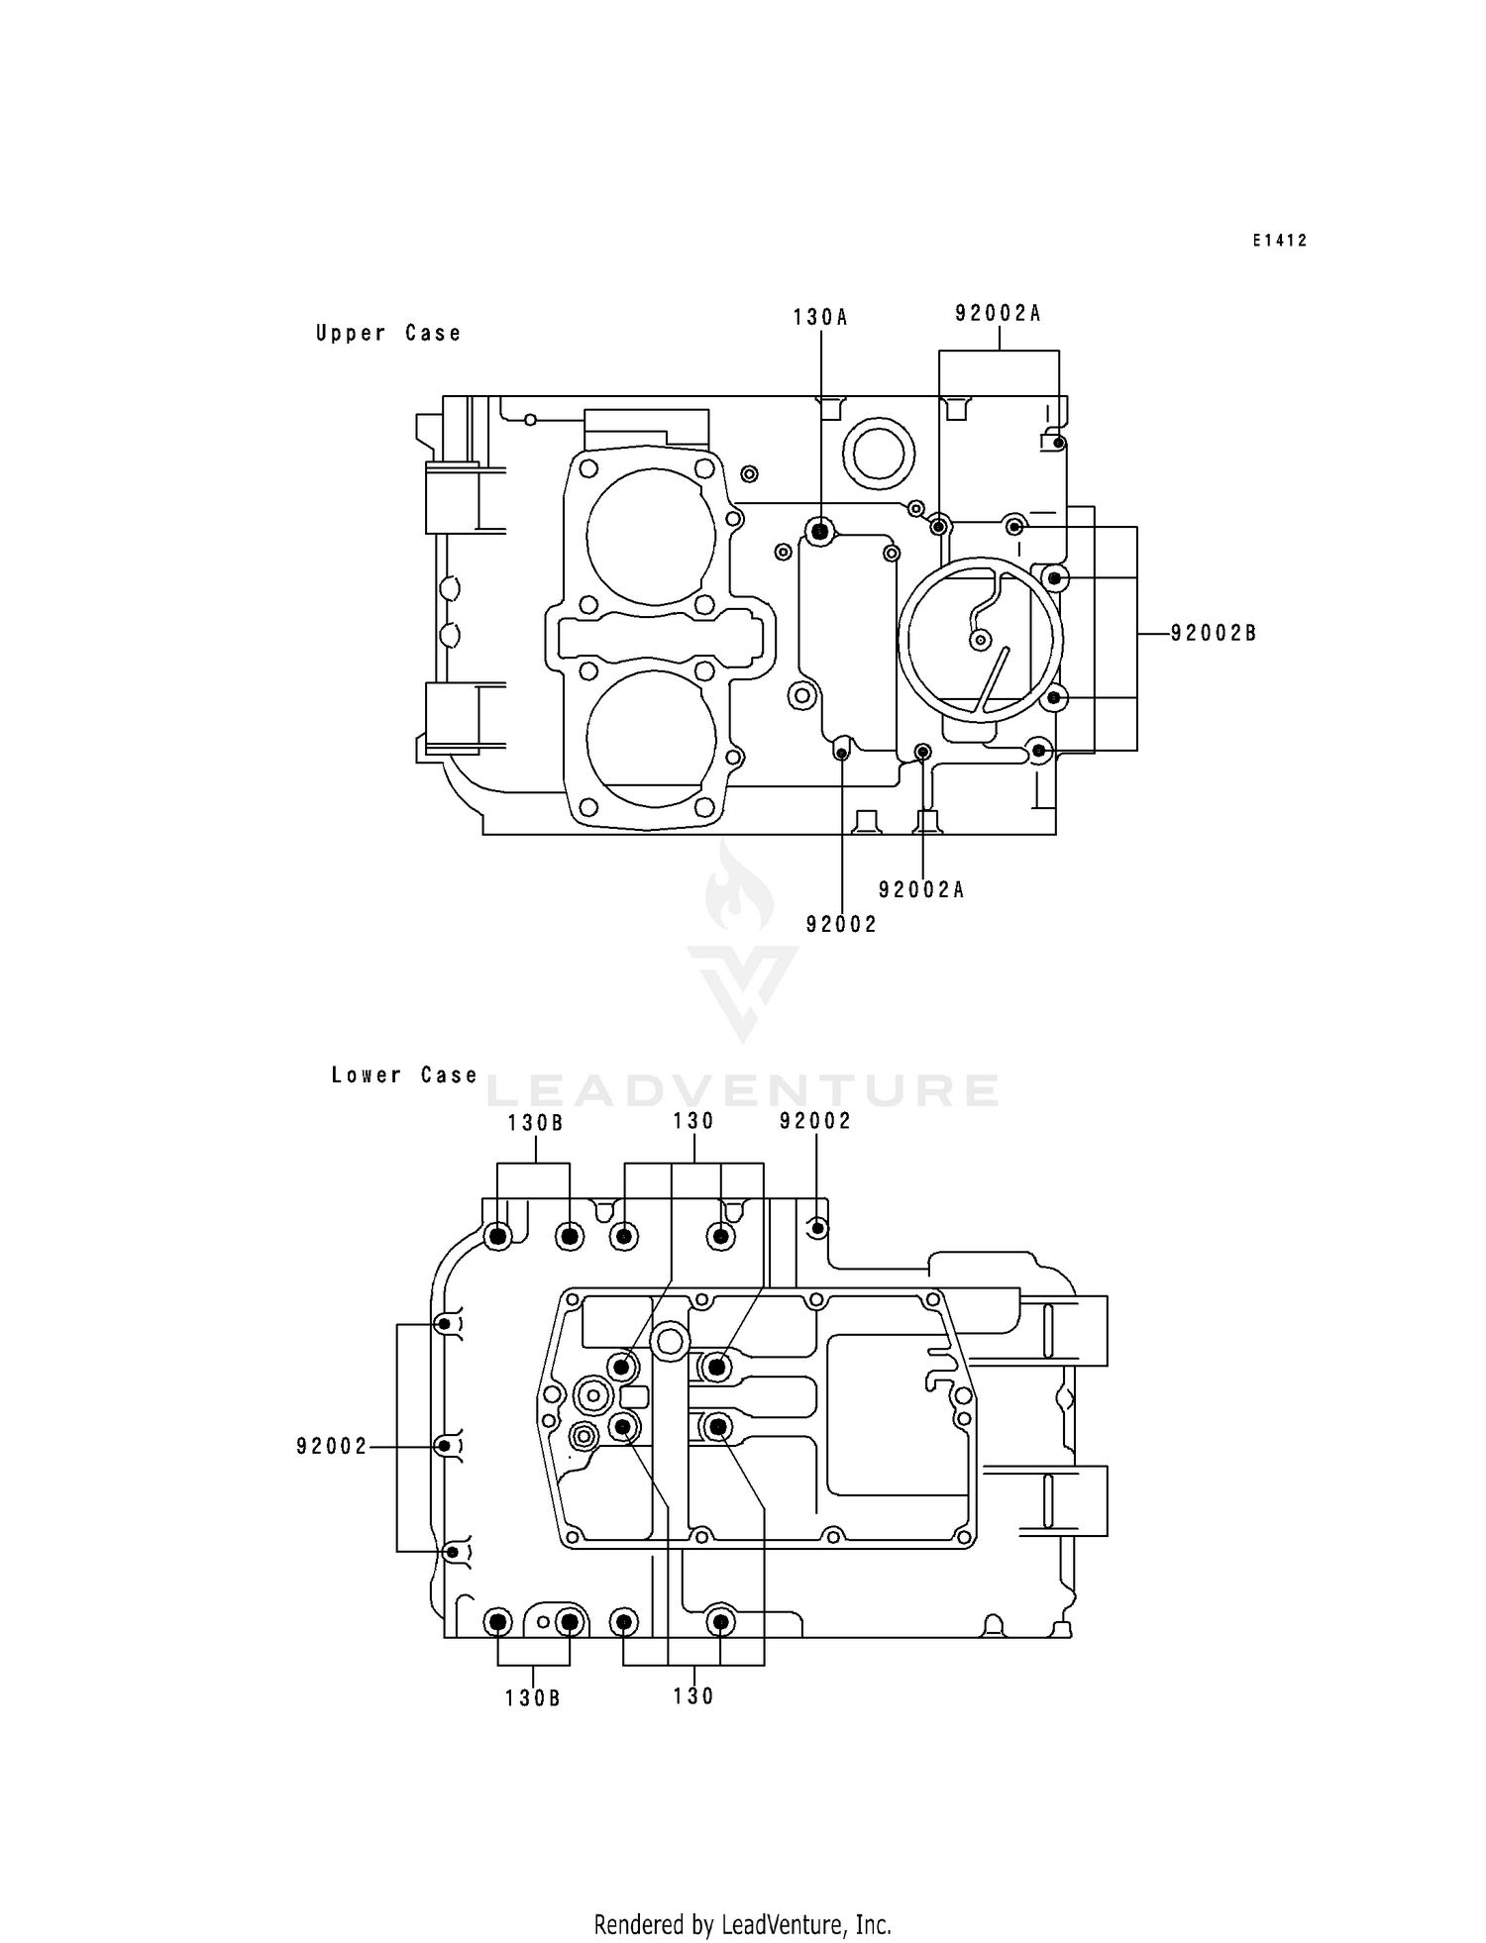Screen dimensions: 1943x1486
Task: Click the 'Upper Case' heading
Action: click(388, 334)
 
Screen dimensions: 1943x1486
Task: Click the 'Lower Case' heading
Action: click(404, 1075)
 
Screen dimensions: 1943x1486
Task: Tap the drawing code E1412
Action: click(1279, 241)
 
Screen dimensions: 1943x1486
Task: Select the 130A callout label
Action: click(820, 317)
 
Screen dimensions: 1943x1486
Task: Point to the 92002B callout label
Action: click(1214, 634)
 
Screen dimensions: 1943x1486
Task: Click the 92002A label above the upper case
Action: click(998, 314)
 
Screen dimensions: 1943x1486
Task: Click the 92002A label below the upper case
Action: click(921, 890)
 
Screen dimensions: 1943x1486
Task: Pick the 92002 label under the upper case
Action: click(841, 925)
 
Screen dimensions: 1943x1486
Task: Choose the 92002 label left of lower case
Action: click(332, 1447)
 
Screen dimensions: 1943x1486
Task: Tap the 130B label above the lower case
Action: click(536, 1123)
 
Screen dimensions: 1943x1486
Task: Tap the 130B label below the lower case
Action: click(533, 1698)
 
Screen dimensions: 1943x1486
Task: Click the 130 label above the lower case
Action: click(693, 1121)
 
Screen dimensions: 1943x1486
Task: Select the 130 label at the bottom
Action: click(693, 1696)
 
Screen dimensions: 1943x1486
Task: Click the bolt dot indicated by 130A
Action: click(820, 533)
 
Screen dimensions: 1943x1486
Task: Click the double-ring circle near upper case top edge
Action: click(879, 452)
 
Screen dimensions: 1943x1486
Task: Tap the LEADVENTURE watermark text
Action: click(743, 1090)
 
